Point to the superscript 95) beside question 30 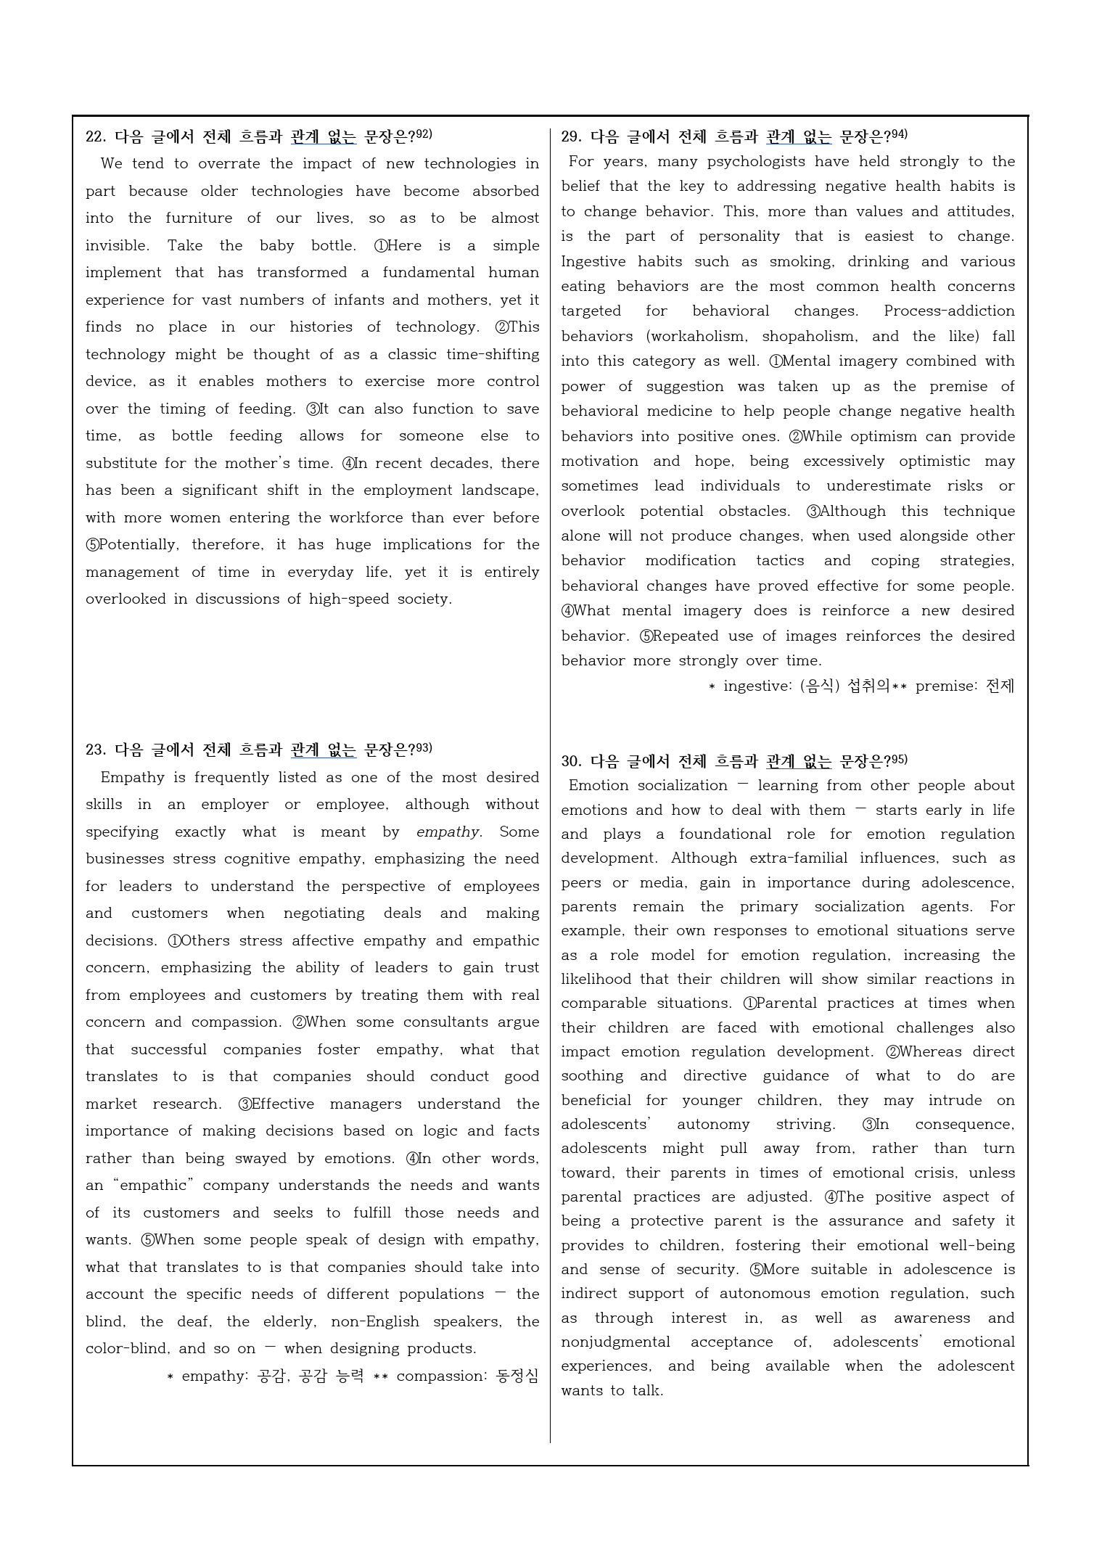pos(899,760)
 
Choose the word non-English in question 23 pos(375,1321)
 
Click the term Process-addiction pos(949,311)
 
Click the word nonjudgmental pos(615,1342)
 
